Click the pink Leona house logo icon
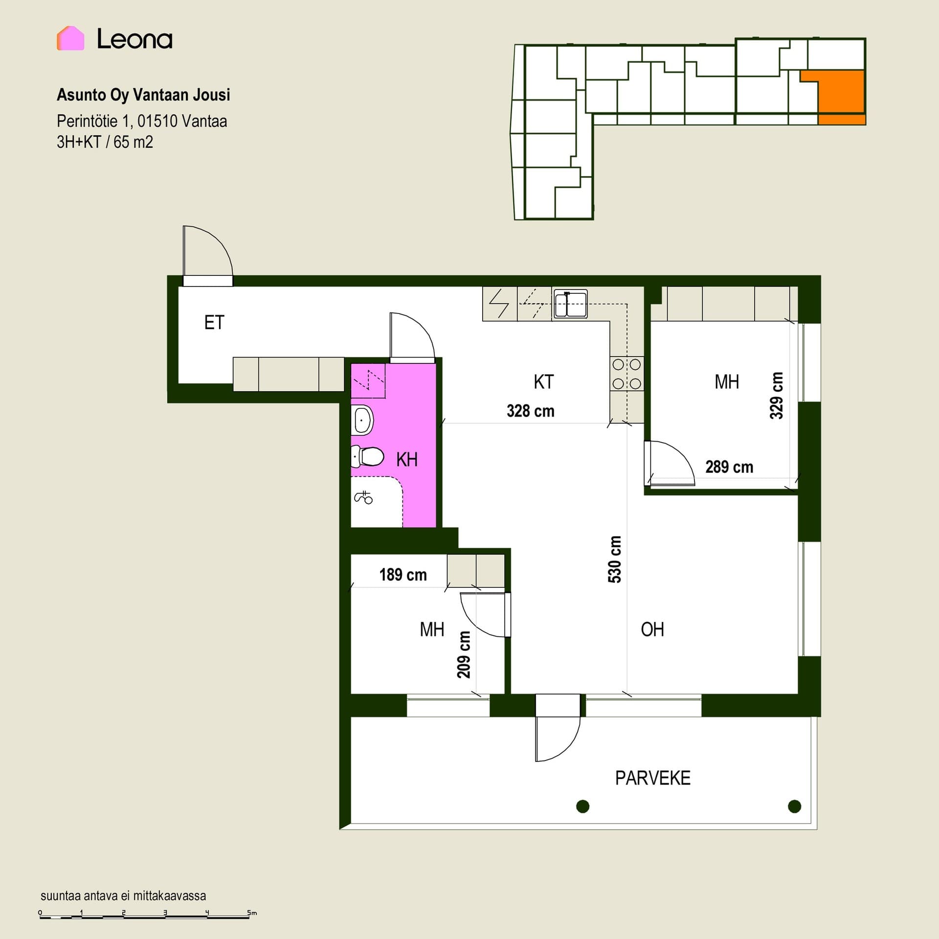[x=70, y=38]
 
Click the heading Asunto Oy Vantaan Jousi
[x=143, y=95]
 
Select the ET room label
[x=214, y=323]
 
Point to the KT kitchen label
[x=544, y=382]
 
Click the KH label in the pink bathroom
[x=407, y=460]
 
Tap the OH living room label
[x=652, y=629]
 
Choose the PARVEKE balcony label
[x=653, y=778]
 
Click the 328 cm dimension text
[x=531, y=411]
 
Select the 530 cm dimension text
[x=615, y=559]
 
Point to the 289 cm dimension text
[x=729, y=467]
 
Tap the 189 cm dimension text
[x=403, y=575]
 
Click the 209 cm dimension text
[x=464, y=655]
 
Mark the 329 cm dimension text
[x=777, y=396]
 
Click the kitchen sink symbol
[x=570, y=304]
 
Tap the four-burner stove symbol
[x=627, y=374]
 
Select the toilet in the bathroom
[x=367, y=457]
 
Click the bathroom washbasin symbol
[x=362, y=420]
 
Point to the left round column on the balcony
[x=582, y=806]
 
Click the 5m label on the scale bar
[x=252, y=913]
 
